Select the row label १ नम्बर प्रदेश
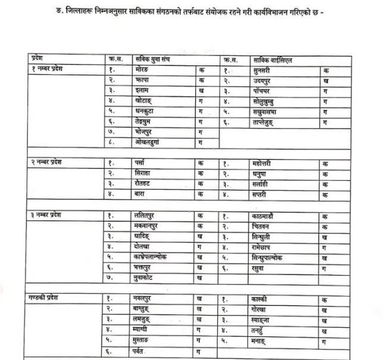[x=49, y=70]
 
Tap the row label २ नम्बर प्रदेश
[x=49, y=162]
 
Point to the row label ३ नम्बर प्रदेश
[x=49, y=214]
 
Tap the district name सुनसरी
[x=262, y=70]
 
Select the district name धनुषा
[x=261, y=173]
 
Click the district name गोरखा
[x=262, y=308]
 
